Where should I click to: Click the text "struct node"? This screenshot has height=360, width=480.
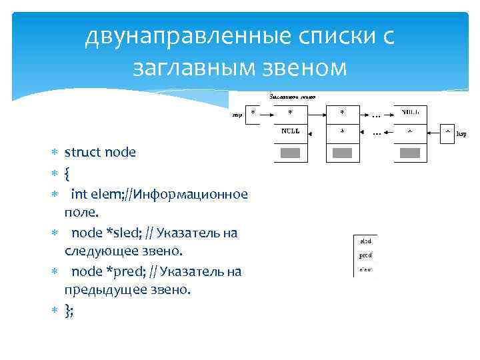tap(100, 152)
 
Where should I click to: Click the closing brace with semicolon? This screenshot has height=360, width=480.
tap(69, 310)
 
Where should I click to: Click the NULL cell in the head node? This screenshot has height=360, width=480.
tap(291, 131)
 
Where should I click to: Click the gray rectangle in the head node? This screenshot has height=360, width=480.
tap(291, 153)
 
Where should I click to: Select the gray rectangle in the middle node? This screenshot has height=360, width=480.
tap(342, 153)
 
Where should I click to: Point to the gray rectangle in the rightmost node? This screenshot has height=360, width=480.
tap(409, 153)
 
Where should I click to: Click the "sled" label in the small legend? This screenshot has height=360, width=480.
tap(366, 240)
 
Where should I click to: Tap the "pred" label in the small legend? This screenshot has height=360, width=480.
tap(366, 255)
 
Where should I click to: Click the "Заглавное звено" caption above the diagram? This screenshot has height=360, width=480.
tap(291, 97)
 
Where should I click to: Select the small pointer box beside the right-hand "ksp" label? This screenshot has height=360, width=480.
tap(447, 131)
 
